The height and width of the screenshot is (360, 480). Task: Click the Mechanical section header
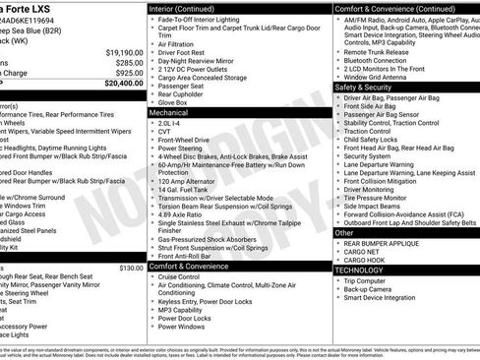pyautogui.click(x=169, y=113)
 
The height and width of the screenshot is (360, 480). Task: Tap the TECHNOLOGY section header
pyautogui.click(x=359, y=269)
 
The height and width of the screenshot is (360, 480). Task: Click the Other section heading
pyautogui.click(x=344, y=233)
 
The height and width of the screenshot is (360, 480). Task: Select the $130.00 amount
pyautogui.click(x=131, y=267)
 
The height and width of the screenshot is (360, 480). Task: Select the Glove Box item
pyautogui.click(x=174, y=102)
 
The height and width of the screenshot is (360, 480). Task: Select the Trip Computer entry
pyautogui.click(x=370, y=280)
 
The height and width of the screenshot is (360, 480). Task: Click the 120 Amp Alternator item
pyautogui.click(x=188, y=182)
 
